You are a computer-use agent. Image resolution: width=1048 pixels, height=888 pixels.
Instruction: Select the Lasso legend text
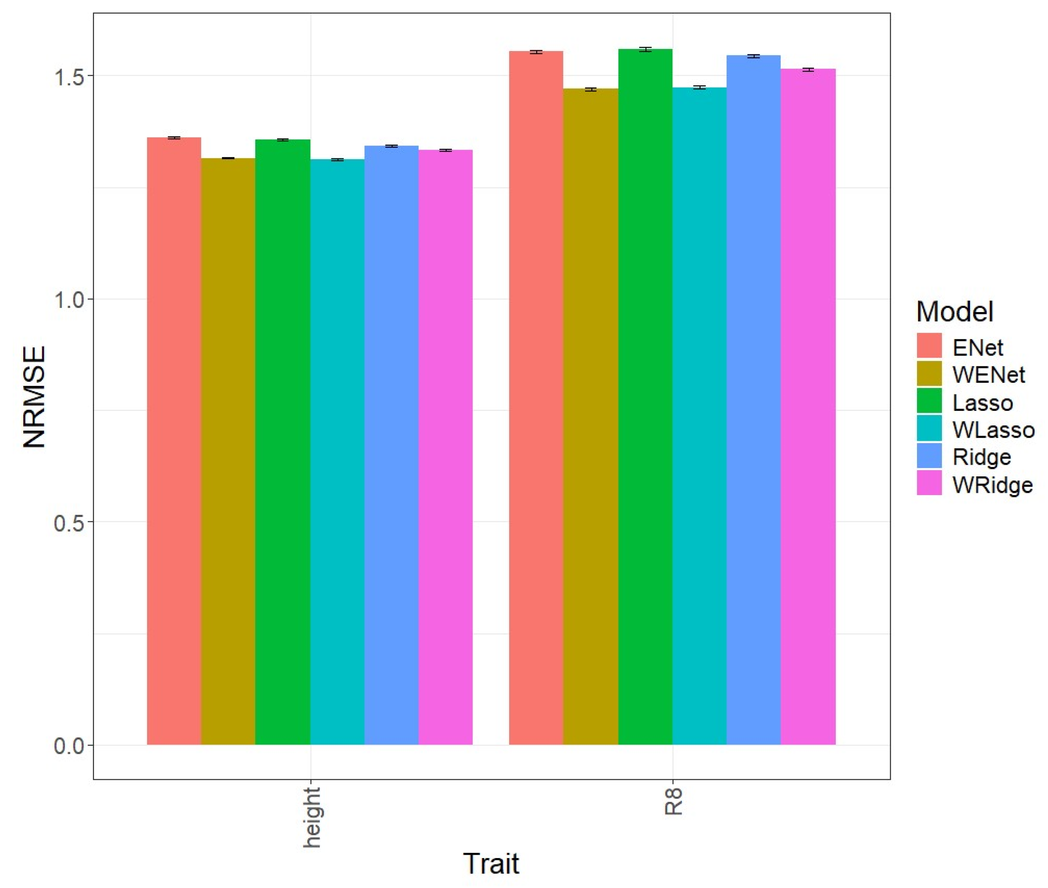click(982, 403)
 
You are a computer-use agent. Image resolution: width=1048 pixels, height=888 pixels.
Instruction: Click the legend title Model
click(954, 312)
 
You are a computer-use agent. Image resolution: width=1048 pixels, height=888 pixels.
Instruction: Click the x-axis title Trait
click(490, 864)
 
